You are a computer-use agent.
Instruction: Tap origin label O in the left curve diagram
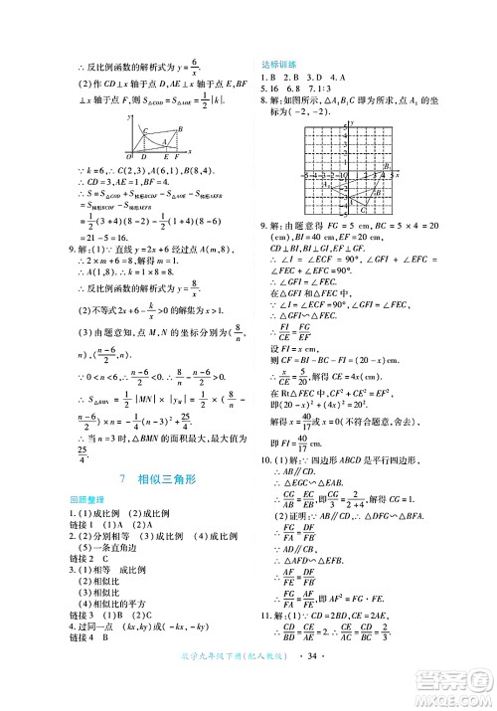click(128, 157)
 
